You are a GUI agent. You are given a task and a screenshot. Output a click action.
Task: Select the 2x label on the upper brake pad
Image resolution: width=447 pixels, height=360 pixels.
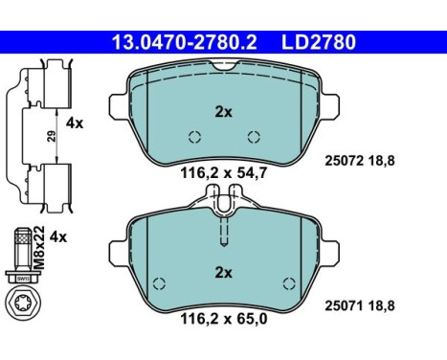pyautogui.click(x=224, y=112)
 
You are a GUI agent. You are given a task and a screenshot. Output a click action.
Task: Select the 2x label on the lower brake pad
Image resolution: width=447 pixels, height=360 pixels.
pyautogui.click(x=224, y=273)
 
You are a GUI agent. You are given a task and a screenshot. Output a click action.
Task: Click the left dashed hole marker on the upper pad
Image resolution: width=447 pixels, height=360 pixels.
pyautogui.click(x=194, y=135)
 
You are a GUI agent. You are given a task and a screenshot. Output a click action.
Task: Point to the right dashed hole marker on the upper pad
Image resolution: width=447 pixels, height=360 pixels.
pyautogui.click(x=254, y=135)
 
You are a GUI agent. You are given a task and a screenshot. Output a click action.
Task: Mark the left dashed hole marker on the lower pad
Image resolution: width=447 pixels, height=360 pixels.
pyautogui.click(x=160, y=282)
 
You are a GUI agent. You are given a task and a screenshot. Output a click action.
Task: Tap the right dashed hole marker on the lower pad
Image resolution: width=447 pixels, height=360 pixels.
pyautogui.click(x=288, y=282)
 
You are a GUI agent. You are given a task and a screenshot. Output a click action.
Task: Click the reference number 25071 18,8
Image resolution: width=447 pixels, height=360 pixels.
pyautogui.click(x=389, y=304)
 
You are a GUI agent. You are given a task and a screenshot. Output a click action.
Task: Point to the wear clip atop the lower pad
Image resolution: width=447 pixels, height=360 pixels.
pyautogui.click(x=224, y=203)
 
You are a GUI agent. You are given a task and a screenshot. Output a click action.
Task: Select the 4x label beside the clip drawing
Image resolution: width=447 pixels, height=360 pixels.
pyautogui.click(x=74, y=123)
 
